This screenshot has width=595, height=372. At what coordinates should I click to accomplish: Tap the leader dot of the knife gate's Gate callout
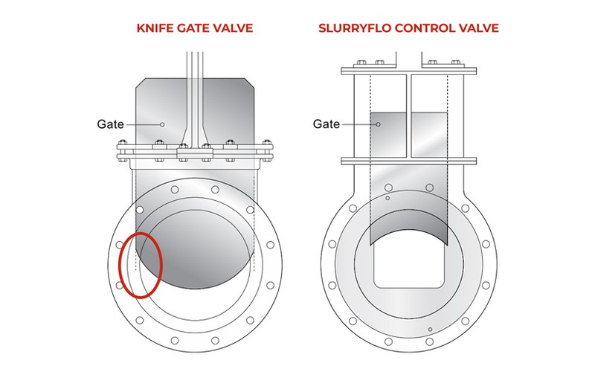(x=161, y=124)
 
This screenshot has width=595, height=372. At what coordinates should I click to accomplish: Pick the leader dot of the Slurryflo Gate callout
(x=377, y=124)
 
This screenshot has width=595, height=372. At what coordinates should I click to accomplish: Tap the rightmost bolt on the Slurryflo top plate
(x=454, y=62)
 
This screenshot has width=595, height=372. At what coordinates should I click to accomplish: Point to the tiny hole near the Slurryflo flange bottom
(x=430, y=329)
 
